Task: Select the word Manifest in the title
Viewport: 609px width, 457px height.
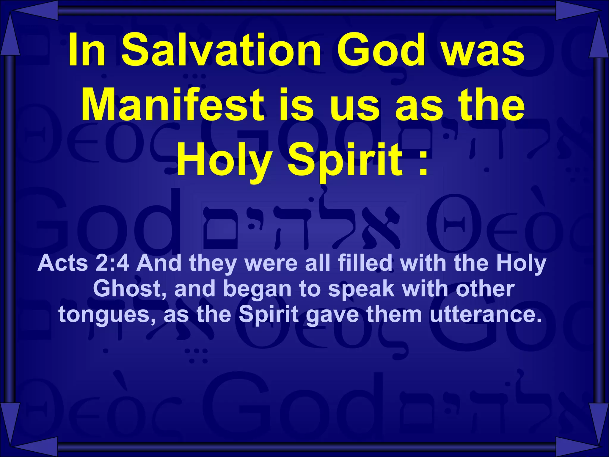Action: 172,105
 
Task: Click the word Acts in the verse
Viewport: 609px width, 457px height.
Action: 63,263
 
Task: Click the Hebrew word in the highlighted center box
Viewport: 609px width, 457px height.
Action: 300,226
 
